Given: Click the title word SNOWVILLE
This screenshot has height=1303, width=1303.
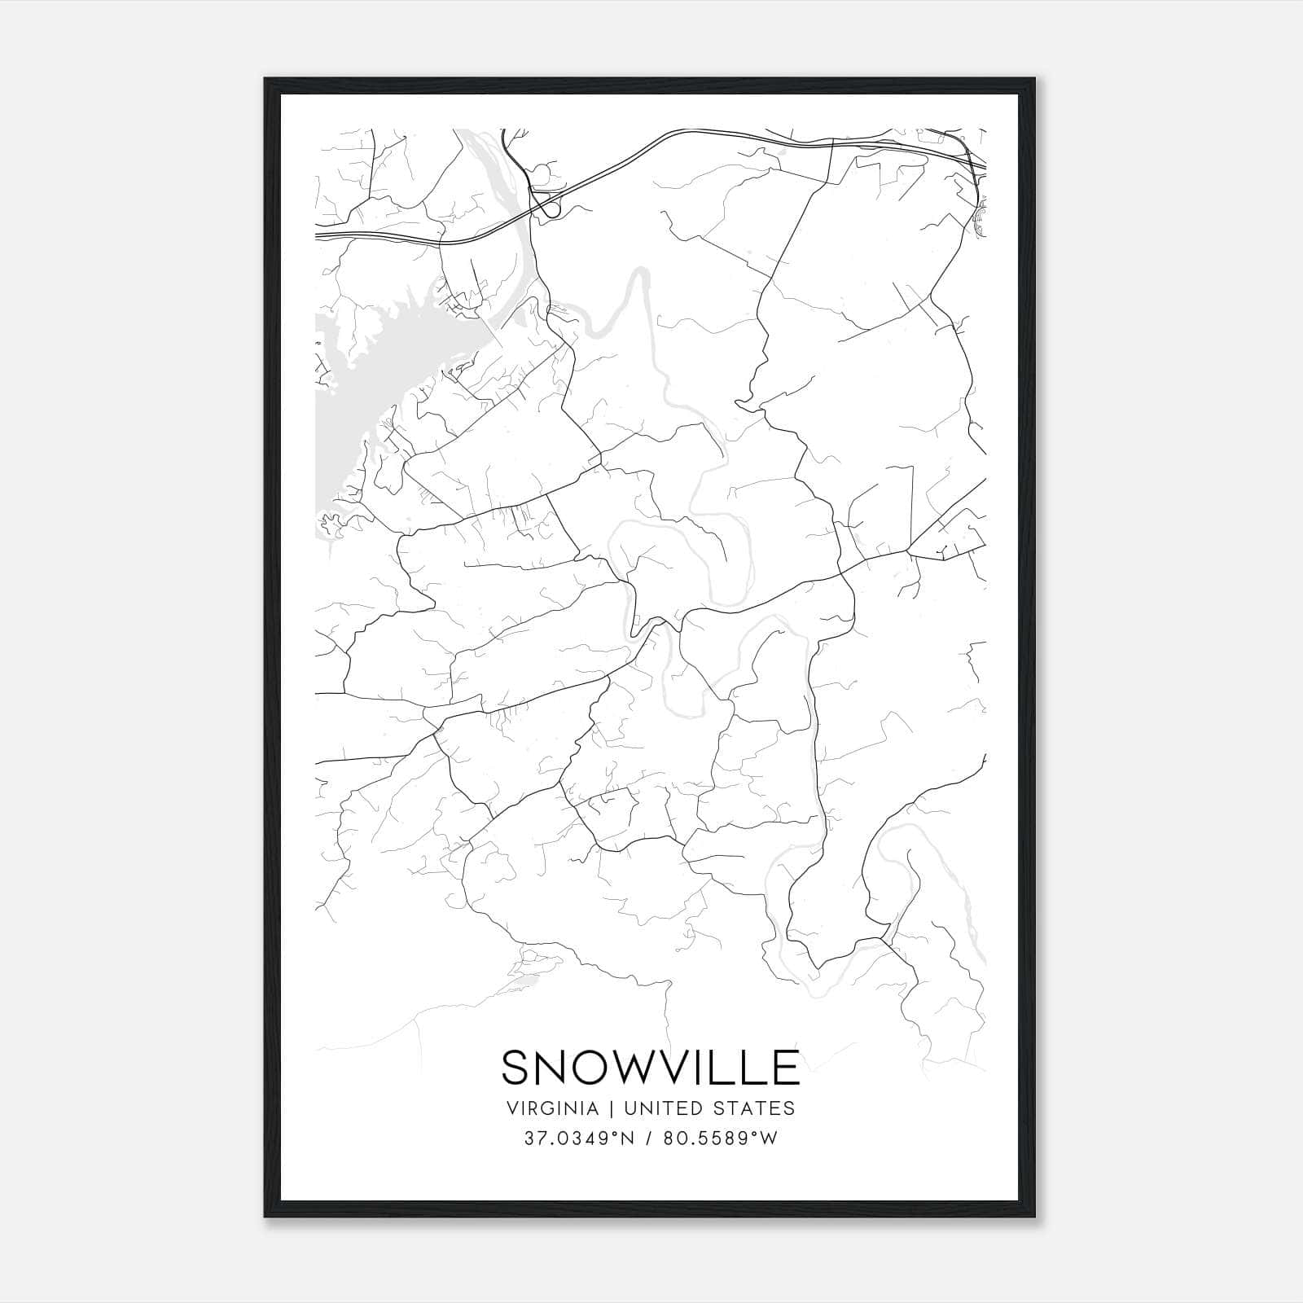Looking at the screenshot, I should coord(650,1068).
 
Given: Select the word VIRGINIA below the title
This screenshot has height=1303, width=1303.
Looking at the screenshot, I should coord(553,1108).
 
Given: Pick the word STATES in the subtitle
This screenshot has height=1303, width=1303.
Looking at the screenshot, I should coord(753,1108).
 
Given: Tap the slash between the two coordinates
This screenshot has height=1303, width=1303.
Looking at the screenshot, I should coord(649,1138).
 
